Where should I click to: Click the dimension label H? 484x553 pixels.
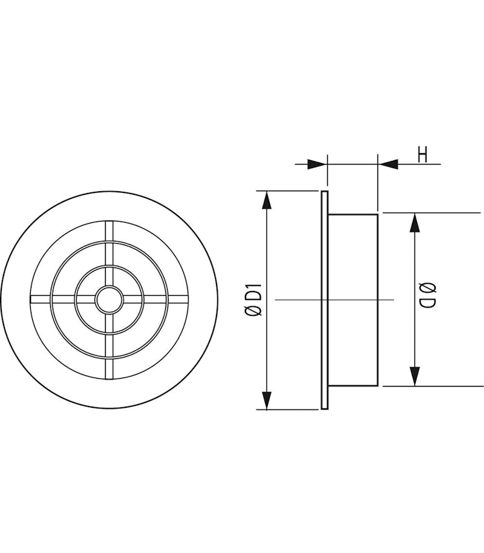[422, 155]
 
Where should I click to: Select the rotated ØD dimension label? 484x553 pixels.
[427, 297]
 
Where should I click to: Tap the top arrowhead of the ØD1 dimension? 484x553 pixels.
[266, 200]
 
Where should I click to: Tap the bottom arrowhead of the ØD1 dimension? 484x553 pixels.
[266, 400]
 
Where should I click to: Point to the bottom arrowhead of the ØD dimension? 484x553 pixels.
[414, 376]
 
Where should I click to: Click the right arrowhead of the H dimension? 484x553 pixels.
[388, 164]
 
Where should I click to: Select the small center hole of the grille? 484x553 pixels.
[110, 300]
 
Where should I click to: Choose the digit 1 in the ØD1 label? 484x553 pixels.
[254, 287]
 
